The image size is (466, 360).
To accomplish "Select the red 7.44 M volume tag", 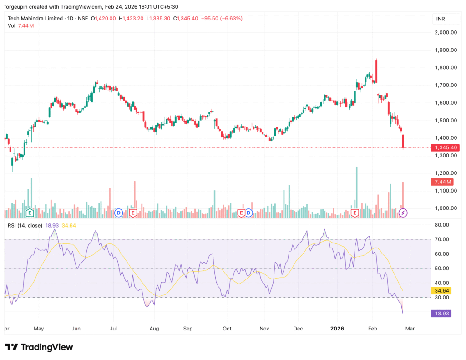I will [441, 182].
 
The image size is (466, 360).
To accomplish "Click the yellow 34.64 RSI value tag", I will [441, 290].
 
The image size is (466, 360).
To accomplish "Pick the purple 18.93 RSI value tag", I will [441, 313].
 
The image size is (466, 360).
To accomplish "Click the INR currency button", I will [440, 19].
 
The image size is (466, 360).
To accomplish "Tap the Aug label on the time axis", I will [154, 328].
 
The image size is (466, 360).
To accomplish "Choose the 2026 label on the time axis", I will [337, 328].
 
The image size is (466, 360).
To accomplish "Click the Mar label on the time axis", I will [410, 328].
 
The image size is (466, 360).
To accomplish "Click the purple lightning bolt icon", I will [403, 213].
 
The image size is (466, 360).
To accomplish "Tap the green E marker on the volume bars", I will [30, 213].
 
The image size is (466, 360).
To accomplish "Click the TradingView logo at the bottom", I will [39, 347].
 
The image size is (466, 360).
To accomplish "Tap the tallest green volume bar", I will [356, 187].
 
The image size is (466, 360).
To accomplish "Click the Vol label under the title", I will [11, 26].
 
